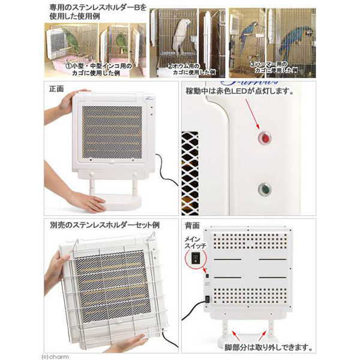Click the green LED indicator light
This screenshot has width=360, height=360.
[x=263, y=190]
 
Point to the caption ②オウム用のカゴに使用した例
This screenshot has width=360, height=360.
[x=193, y=68]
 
